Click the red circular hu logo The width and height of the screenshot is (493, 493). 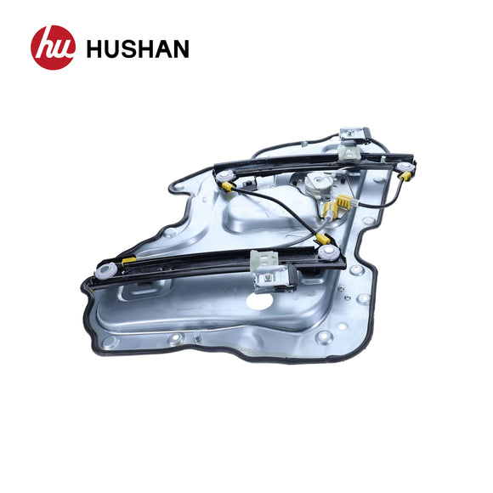coord(53,48)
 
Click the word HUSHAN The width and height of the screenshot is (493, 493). coord(137,49)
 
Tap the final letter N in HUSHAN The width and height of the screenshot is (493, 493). coord(178,49)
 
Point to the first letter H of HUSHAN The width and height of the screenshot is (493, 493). coord(95,49)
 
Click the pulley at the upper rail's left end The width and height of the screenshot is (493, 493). coord(227,178)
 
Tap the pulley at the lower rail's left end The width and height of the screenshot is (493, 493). coord(106,270)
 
